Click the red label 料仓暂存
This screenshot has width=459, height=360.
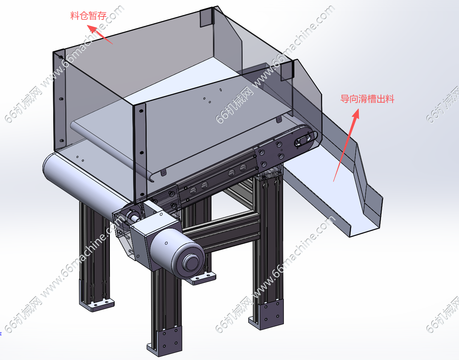point(88,16)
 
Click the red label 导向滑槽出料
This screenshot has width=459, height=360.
point(367,99)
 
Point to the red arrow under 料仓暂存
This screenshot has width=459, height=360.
point(100,34)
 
